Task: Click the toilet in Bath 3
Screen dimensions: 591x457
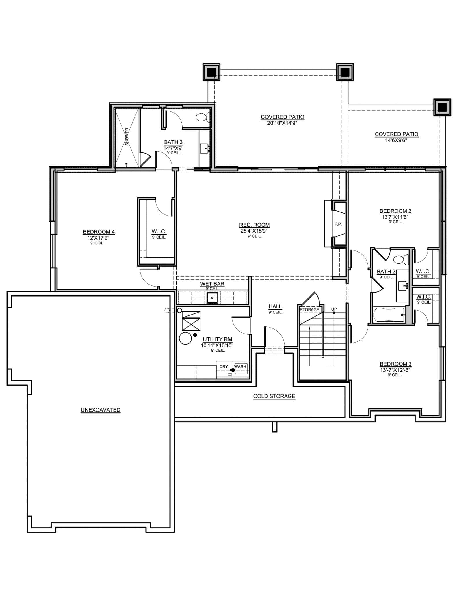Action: pos(202,117)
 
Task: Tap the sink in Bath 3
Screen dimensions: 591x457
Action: pos(205,148)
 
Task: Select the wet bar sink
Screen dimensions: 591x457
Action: pos(212,298)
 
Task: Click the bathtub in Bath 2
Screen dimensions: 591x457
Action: pos(389,315)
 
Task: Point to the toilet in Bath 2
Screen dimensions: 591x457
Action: pos(401,259)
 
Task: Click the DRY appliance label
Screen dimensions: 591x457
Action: pos(224,366)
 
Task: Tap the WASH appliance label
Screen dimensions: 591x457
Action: pos(240,366)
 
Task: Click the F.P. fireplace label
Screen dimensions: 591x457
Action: pos(338,224)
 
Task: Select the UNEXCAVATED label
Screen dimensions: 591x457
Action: pos(101,410)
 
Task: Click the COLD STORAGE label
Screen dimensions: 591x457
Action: pos(274,396)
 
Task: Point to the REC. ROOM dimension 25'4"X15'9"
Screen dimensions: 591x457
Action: pos(254,231)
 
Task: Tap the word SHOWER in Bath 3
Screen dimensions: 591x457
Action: pos(127,136)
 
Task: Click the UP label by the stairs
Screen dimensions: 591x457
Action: pos(334,309)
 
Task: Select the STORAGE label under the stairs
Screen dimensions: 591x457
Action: pos(309,310)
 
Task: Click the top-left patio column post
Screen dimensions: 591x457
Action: pos(211,72)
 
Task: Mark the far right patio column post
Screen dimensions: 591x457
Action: pos(442,107)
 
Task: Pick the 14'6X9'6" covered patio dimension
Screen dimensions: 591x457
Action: pos(396,140)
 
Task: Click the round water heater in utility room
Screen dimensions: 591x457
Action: pos(185,338)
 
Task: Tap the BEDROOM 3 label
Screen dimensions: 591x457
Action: pos(395,364)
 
